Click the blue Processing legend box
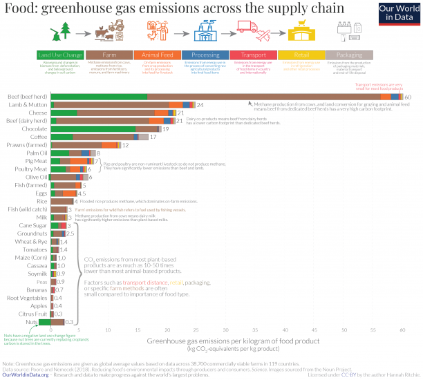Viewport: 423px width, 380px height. (207, 55)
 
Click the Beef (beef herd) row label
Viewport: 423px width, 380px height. (28, 96)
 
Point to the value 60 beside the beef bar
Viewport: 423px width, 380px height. (408, 97)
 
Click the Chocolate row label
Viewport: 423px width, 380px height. (34, 129)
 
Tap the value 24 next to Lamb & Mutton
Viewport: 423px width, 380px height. (200, 105)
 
